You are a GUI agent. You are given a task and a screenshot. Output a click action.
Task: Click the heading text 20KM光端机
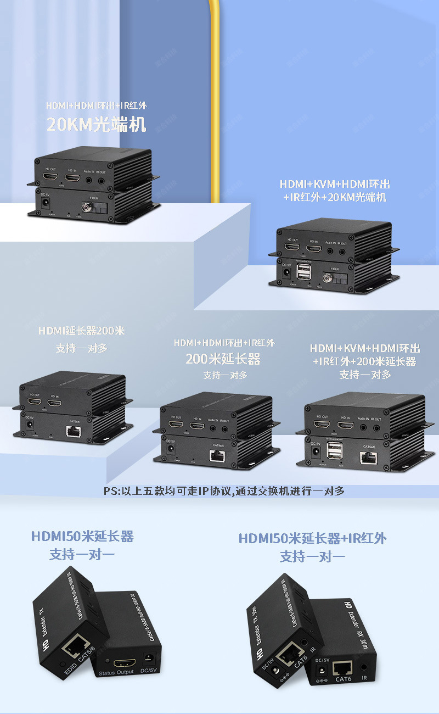(x=96, y=125)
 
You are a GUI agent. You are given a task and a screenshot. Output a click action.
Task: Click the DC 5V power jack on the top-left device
(x=46, y=203)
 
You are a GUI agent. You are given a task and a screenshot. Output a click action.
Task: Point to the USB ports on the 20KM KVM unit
(x=303, y=273)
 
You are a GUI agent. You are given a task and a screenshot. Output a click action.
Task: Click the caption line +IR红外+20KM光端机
(x=335, y=197)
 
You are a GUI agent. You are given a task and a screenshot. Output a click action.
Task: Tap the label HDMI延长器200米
(x=82, y=331)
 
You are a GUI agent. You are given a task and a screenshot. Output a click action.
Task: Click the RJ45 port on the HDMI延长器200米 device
(x=73, y=431)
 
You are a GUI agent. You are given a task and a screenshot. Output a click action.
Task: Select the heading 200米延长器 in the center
(x=223, y=359)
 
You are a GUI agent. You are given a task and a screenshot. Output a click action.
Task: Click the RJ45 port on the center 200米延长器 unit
(x=216, y=455)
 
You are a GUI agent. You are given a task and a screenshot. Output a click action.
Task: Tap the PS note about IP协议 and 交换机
(x=224, y=491)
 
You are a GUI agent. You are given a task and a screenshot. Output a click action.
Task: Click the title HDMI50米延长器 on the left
(x=82, y=536)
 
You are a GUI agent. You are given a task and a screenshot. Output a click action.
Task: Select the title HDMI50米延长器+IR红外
(x=312, y=538)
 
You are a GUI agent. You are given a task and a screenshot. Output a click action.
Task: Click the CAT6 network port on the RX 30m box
(x=343, y=667)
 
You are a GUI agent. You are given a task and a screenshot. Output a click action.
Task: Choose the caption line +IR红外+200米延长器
(x=364, y=361)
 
